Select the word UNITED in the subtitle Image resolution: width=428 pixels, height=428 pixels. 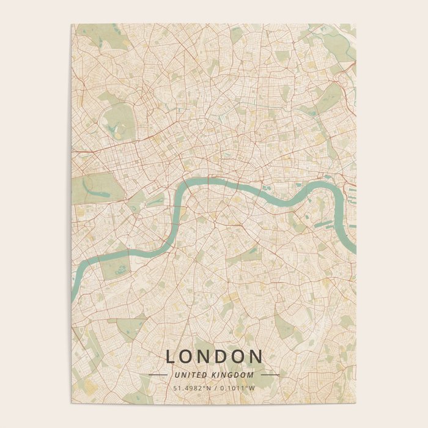(189, 374)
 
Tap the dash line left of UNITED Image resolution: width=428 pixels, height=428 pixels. (158, 374)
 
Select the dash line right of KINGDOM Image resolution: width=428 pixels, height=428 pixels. (270, 374)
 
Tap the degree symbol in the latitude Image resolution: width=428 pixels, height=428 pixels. (198, 386)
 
